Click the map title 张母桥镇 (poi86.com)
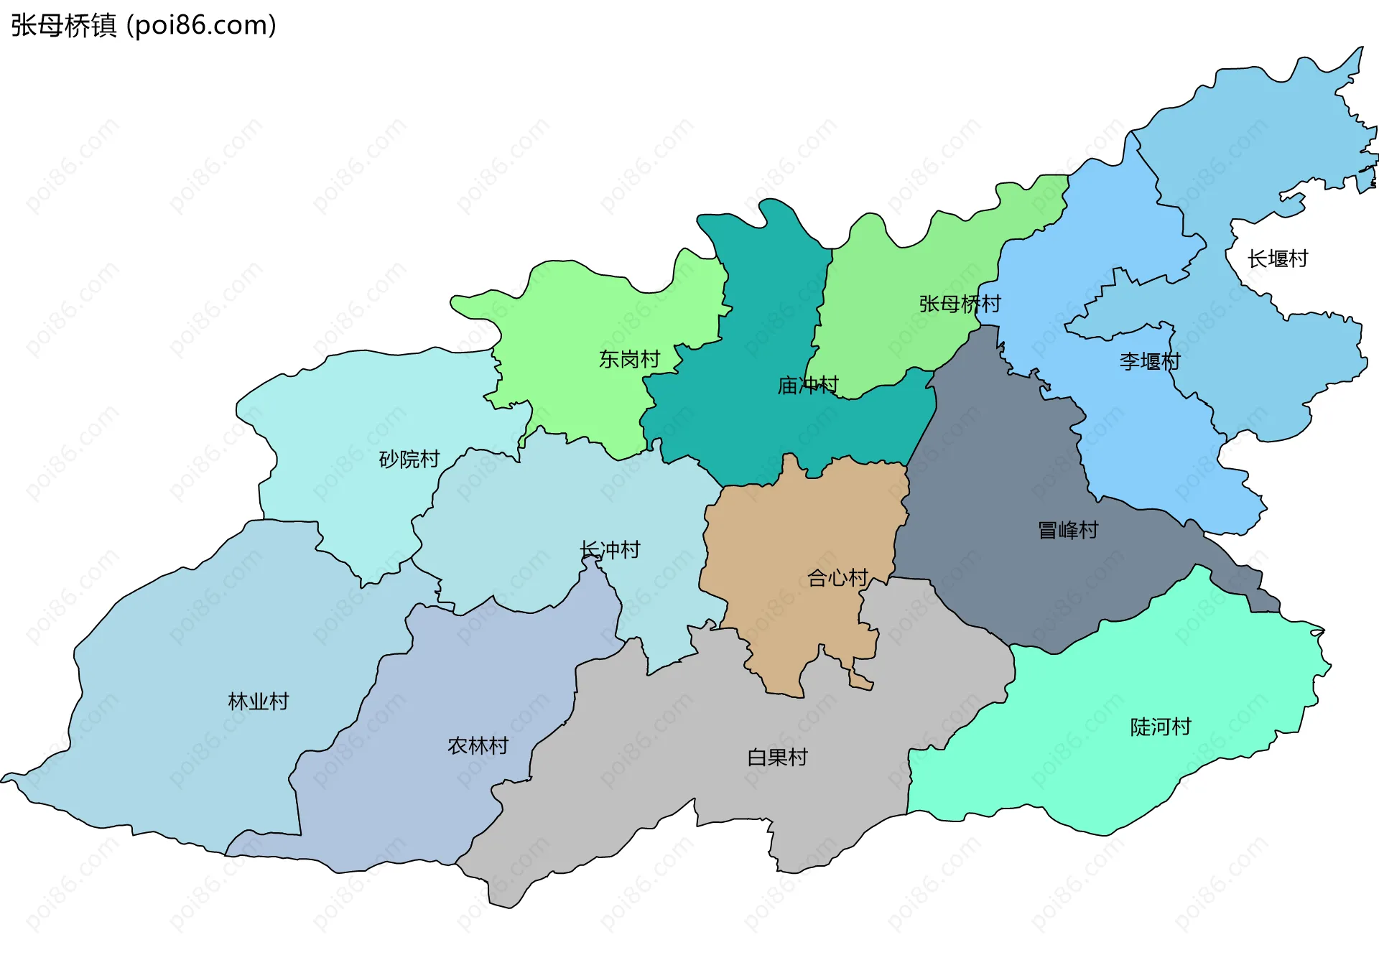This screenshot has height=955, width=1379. [x=144, y=26]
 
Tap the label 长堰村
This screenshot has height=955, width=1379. [x=1278, y=258]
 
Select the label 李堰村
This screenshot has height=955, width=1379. [x=1149, y=361]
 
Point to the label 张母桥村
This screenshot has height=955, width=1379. [x=960, y=304]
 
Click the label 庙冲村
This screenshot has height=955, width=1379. [x=807, y=386]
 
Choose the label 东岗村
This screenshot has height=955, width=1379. [x=629, y=359]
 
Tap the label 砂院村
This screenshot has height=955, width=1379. [x=409, y=459]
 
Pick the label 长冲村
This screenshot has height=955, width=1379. [x=610, y=550]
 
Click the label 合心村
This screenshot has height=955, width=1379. [x=837, y=577]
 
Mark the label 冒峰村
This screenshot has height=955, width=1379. [x=1068, y=530]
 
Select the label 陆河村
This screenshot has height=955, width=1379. [x=1160, y=727]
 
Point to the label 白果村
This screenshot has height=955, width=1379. [x=777, y=757]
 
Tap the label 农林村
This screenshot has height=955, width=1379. [x=478, y=745]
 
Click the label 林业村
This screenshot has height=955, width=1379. [x=258, y=701]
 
